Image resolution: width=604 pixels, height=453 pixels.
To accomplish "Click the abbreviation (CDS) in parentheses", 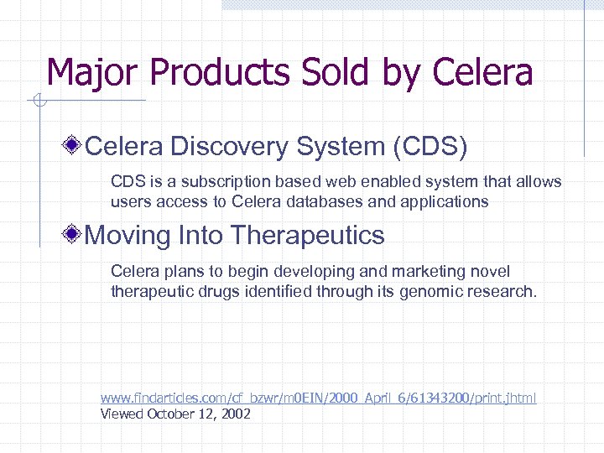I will pyautogui.click(x=430, y=147).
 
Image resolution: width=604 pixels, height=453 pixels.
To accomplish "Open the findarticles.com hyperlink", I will pyautogui.click(x=318, y=398).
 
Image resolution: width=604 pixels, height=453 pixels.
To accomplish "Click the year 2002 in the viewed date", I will pyautogui.click(x=234, y=414).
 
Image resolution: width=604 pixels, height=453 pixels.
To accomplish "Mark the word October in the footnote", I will pyautogui.click(x=173, y=414).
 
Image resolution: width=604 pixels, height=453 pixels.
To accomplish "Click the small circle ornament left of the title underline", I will pyautogui.click(x=36, y=102).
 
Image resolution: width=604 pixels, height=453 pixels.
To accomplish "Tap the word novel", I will pyautogui.click(x=491, y=272).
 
